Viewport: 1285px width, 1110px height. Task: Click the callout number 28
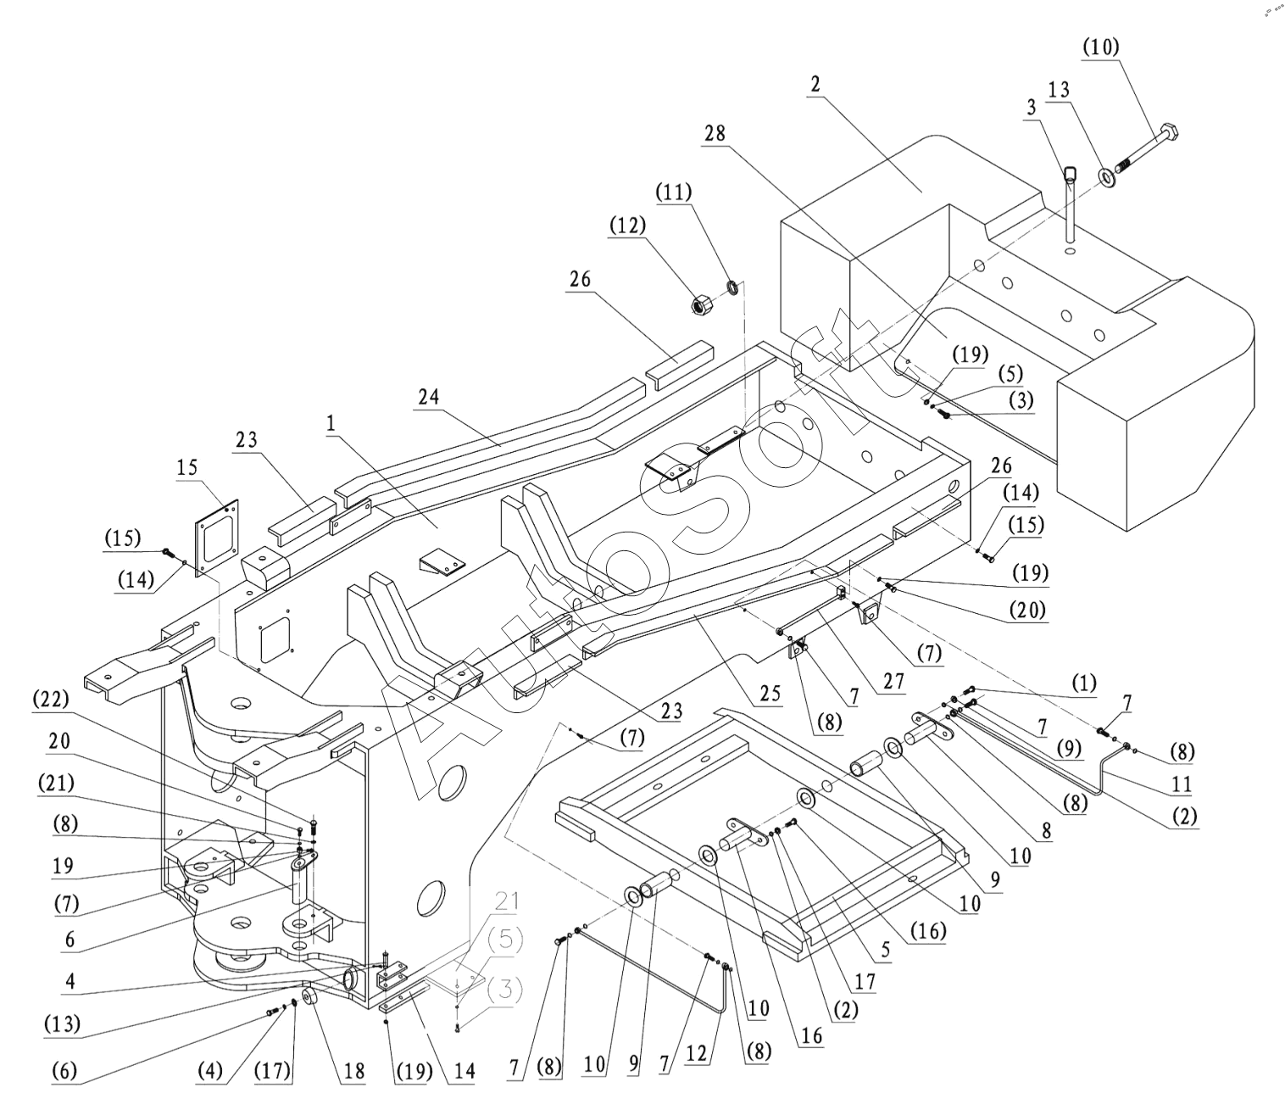715,133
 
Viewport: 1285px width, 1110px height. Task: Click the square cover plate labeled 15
216,538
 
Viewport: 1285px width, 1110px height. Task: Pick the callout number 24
428,397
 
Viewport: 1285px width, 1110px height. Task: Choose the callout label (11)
674,192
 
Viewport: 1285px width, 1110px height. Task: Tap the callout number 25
770,693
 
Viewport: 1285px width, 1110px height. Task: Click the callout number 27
893,681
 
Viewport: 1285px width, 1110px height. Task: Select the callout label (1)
1083,683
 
